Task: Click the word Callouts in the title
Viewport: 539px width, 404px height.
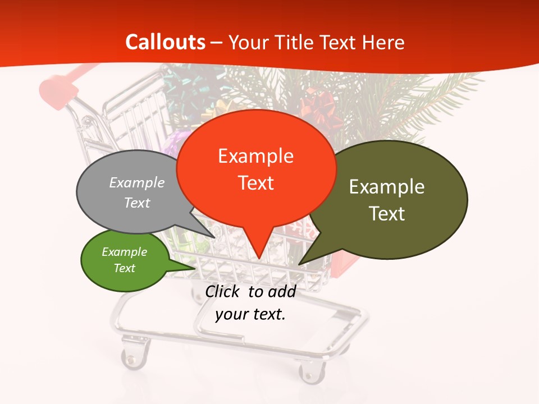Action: coord(165,42)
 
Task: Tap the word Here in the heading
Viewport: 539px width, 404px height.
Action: coord(383,42)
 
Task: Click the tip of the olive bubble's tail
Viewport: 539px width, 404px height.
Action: coord(300,264)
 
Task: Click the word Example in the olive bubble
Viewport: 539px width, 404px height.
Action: coord(387,187)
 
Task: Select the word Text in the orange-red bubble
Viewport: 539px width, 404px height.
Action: coord(256,183)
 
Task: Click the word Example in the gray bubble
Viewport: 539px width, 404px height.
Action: coord(137,182)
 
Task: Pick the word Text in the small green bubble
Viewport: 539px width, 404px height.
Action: coord(125,268)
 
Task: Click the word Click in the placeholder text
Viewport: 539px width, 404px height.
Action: coord(224,291)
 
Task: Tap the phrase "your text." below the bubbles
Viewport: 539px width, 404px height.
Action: coord(250,314)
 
